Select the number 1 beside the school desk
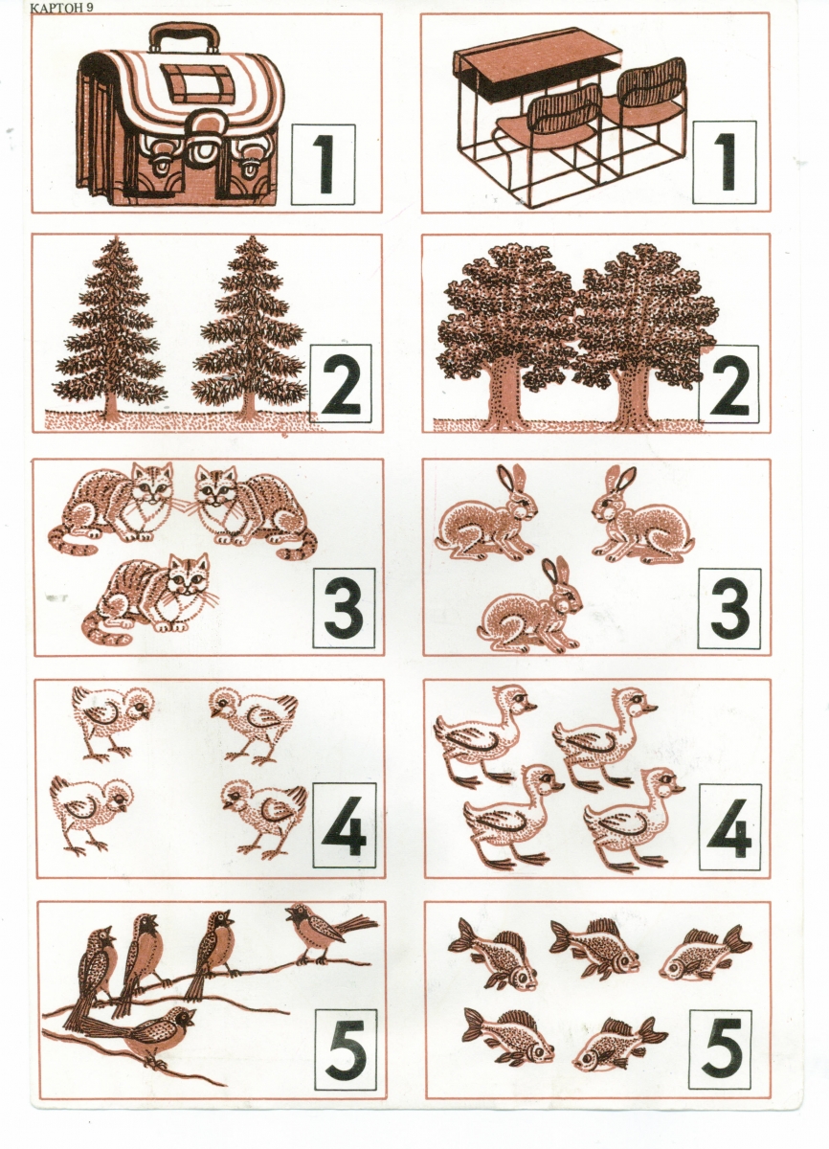[x=727, y=162]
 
